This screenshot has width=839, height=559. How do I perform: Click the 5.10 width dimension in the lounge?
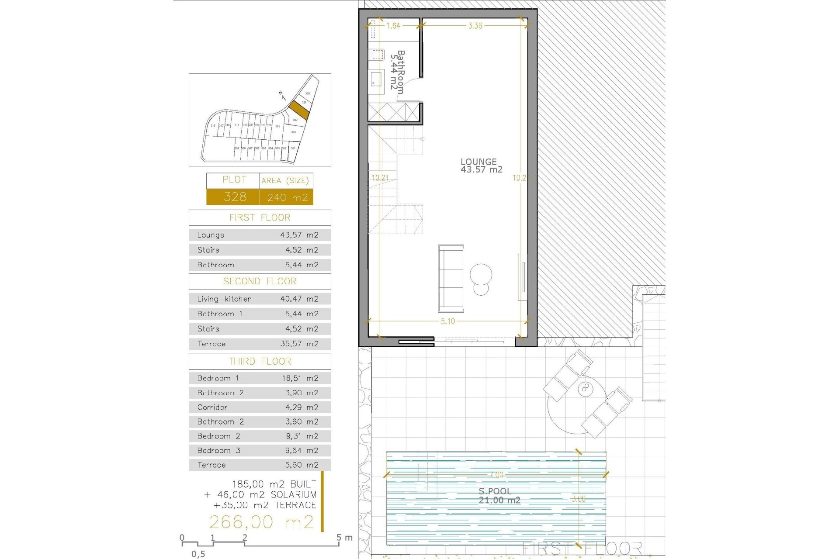(x=447, y=321)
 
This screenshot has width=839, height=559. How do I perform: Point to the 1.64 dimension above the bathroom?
(x=393, y=26)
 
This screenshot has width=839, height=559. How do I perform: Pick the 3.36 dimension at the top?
(x=475, y=26)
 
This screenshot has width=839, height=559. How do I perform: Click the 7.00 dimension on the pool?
(x=496, y=475)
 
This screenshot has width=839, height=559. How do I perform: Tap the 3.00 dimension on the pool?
(x=579, y=499)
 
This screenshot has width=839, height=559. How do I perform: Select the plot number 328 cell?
(x=235, y=197)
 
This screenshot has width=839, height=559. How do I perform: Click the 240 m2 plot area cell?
(x=287, y=197)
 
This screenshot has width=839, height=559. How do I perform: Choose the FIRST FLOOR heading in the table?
(x=260, y=217)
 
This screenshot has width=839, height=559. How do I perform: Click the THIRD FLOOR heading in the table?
(x=260, y=362)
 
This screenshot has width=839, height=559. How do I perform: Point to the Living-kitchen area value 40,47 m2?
(x=299, y=299)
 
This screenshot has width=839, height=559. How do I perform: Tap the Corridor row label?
(x=212, y=407)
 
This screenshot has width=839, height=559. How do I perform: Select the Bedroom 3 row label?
(x=218, y=451)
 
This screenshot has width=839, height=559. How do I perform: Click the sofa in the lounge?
(x=451, y=278)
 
